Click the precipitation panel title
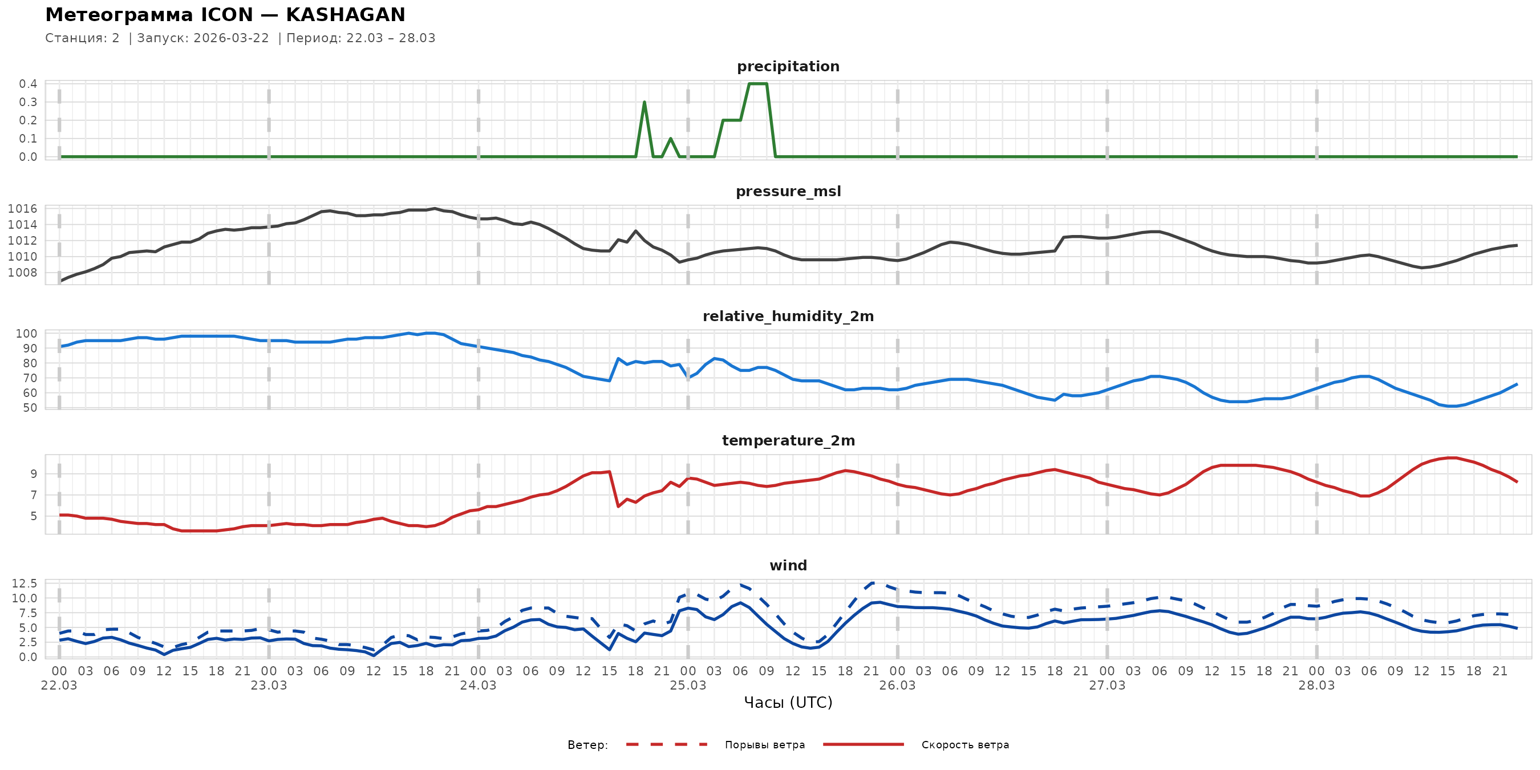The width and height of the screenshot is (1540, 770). click(x=788, y=66)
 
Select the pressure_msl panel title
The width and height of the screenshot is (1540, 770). click(x=788, y=191)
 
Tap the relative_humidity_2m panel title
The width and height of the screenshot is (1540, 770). click(x=788, y=316)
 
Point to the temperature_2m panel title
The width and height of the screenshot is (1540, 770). click(x=788, y=440)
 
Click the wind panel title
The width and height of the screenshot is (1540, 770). click(x=788, y=566)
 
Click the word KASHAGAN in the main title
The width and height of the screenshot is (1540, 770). click(x=345, y=15)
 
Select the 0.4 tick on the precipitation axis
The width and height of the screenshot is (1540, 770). click(x=28, y=84)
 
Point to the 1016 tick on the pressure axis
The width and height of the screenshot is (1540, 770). click(x=22, y=209)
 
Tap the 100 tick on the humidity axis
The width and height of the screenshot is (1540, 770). click(x=26, y=334)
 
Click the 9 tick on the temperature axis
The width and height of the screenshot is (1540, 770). click(x=34, y=474)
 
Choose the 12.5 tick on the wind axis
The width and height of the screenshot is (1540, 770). click(x=25, y=583)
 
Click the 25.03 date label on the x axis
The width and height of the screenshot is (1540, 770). click(x=687, y=686)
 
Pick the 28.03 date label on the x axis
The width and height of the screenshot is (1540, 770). click(x=1316, y=686)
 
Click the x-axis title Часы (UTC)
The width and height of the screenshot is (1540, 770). click(x=788, y=703)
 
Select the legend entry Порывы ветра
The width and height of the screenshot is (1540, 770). click(x=765, y=745)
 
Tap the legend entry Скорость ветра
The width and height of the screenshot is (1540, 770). click(x=965, y=745)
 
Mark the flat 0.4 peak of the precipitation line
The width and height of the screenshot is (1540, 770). click(x=757, y=84)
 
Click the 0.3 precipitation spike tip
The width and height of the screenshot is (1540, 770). click(x=644, y=102)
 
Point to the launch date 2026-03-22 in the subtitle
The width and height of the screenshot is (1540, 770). click(x=232, y=38)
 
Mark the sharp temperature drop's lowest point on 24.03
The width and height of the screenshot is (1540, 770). click(x=618, y=506)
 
